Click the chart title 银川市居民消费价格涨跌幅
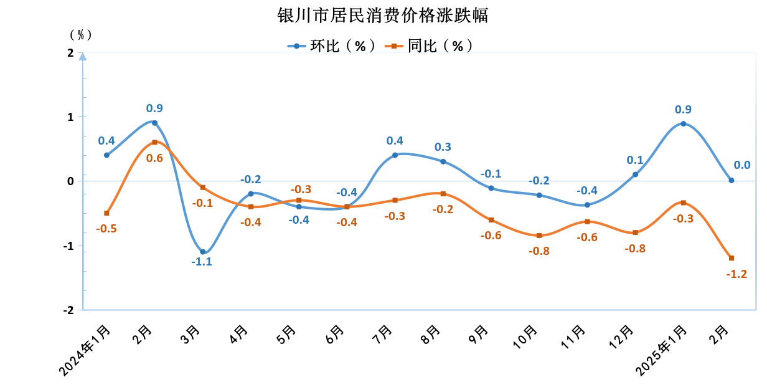(383, 16)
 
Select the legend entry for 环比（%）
(332, 45)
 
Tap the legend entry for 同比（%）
(430, 45)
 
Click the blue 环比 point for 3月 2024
(203, 252)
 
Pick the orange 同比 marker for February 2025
(732, 258)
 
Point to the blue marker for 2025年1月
(684, 123)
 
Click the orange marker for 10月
(539, 236)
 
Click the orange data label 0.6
(154, 158)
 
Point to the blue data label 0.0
(742, 165)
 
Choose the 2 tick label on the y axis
(70, 53)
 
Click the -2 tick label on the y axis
(68, 310)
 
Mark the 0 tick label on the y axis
(70, 181)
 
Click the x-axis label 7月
(382, 335)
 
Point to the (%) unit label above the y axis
(80, 34)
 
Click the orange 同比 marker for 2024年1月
(106, 213)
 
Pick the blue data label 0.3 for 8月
(443, 147)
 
